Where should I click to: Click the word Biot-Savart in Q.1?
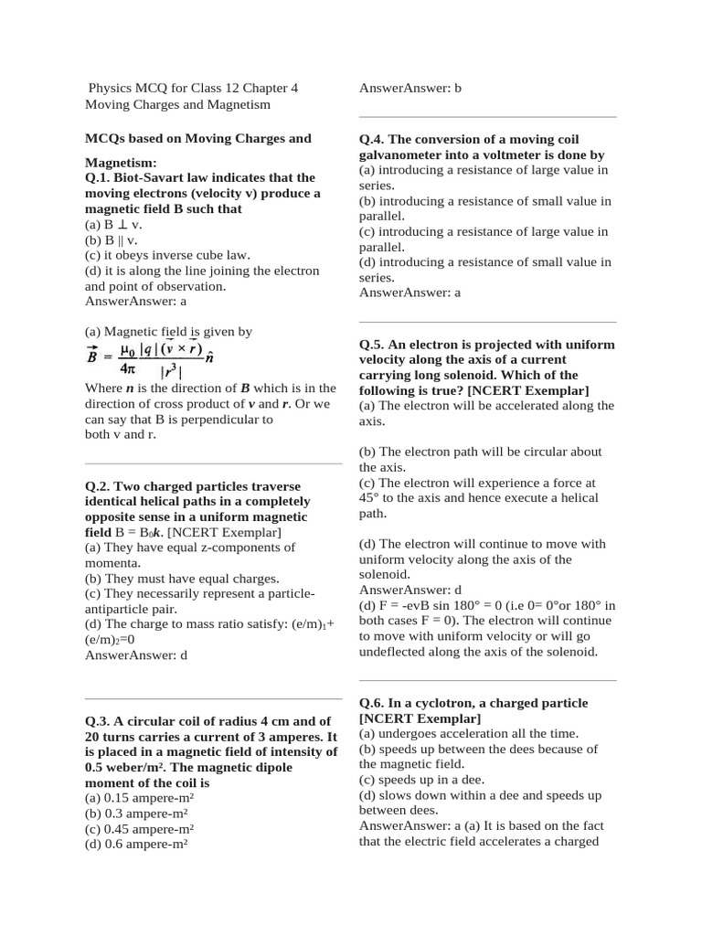tap(156, 177)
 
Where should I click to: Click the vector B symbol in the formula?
tap(92, 357)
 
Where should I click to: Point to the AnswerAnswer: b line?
tap(409, 89)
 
